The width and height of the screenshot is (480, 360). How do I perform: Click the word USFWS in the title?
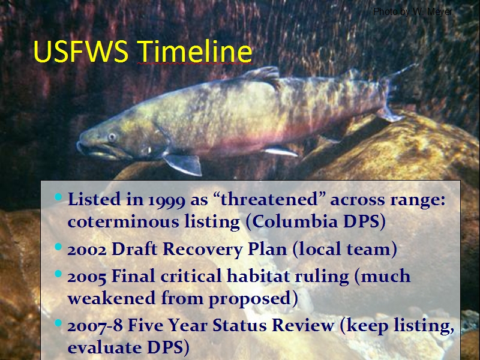81,51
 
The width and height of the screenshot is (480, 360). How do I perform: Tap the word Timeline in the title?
194,51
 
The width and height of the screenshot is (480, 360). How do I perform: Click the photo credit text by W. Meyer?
413,11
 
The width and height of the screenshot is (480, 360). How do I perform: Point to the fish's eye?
112,137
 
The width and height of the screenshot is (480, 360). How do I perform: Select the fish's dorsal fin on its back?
263,74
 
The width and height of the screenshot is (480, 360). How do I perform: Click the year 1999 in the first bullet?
167,200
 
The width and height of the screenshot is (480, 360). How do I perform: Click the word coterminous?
123,221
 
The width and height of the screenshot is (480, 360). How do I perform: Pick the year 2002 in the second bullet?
87,250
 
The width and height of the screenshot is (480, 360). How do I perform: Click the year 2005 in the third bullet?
87,277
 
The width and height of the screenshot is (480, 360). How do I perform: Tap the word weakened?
112,298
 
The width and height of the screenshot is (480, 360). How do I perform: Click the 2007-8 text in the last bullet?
95,325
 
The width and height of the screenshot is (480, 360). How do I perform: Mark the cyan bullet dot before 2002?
58,247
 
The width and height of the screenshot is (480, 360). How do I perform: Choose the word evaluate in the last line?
104,347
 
